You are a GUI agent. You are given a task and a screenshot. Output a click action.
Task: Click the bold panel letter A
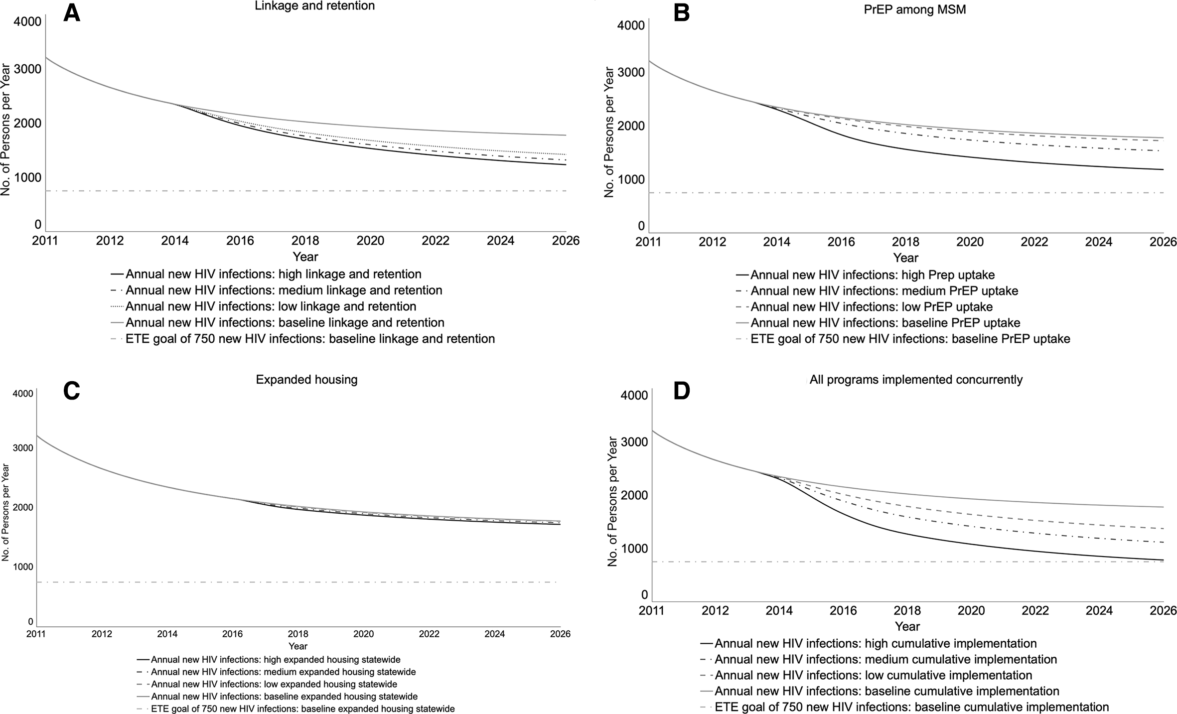pos(72,14)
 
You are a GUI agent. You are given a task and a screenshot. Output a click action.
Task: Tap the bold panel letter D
pos(682,391)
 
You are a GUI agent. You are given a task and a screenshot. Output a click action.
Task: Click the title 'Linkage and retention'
pos(314,6)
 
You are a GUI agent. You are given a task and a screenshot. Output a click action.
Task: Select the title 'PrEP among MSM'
pos(915,9)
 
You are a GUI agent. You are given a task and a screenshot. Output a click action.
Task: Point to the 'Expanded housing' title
pos(307,380)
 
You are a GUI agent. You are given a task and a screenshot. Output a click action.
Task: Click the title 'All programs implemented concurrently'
pos(916,380)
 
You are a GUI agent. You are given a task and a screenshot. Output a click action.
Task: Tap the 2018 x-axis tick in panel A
pos(305,241)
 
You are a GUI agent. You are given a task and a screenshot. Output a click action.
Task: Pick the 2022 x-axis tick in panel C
pos(429,634)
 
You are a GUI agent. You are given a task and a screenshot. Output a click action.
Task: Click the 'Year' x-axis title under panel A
pos(305,257)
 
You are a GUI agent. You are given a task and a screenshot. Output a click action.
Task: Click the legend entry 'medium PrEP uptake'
pos(877,291)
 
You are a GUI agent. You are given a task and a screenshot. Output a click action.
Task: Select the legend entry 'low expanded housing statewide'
pos(267,684)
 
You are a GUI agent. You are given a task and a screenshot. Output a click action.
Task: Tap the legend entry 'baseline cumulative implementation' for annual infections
pos(880,691)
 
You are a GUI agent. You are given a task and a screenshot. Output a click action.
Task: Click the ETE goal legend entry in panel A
pos(302,339)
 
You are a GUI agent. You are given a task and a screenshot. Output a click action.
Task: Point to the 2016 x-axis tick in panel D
pos(843,611)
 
